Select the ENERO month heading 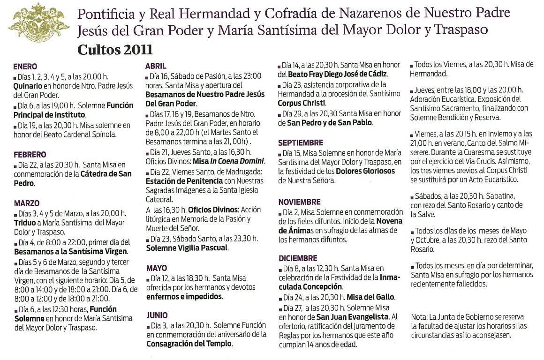(25, 67)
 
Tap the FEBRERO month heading (30, 155)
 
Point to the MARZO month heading (27, 203)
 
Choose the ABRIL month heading (156, 67)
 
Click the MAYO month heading (156, 268)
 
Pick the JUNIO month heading (157, 315)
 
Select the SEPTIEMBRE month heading (301, 142)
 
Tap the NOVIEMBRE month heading (299, 202)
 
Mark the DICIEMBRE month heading (298, 258)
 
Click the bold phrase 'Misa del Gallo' (370, 297)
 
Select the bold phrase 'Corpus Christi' (301, 103)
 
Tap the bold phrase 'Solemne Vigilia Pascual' (187, 248)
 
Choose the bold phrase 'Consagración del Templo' (189, 344)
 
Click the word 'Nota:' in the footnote (419, 317)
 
